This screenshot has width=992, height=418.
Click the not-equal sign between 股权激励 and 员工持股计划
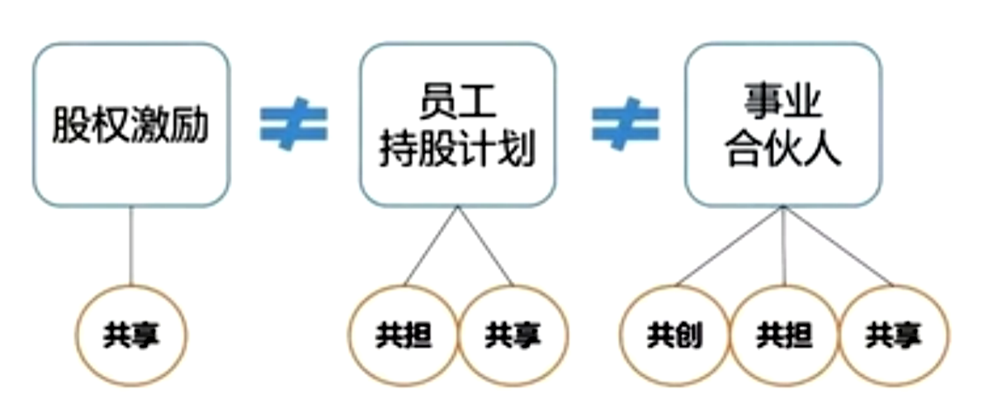pyautogui.click(x=293, y=124)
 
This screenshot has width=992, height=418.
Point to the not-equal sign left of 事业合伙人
pyautogui.click(x=626, y=124)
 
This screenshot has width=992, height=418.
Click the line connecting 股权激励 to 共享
pyautogui.click(x=130, y=246)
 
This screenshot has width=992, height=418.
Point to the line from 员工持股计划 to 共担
pyautogui.click(x=432, y=246)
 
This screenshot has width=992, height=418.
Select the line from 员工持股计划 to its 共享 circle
pyautogui.click(x=485, y=246)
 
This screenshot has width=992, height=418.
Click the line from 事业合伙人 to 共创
pyautogui.click(x=730, y=246)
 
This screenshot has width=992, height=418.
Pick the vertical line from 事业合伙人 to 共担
pyautogui.click(x=784, y=246)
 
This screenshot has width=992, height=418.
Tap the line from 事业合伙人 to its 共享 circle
pyautogui.click(x=838, y=246)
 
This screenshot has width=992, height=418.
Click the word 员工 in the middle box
pyautogui.click(x=457, y=102)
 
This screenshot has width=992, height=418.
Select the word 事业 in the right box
pyautogui.click(x=783, y=100)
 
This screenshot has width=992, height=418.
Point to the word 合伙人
pyautogui.click(x=783, y=148)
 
